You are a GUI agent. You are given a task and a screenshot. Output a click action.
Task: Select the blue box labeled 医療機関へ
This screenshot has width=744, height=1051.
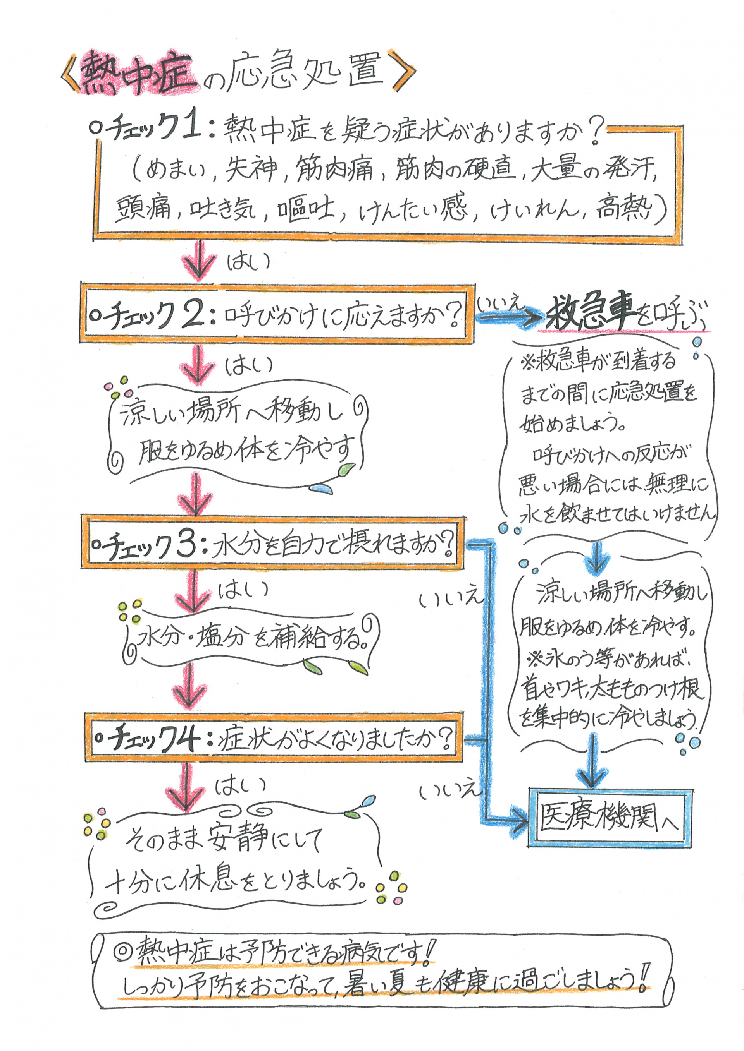click(609, 818)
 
